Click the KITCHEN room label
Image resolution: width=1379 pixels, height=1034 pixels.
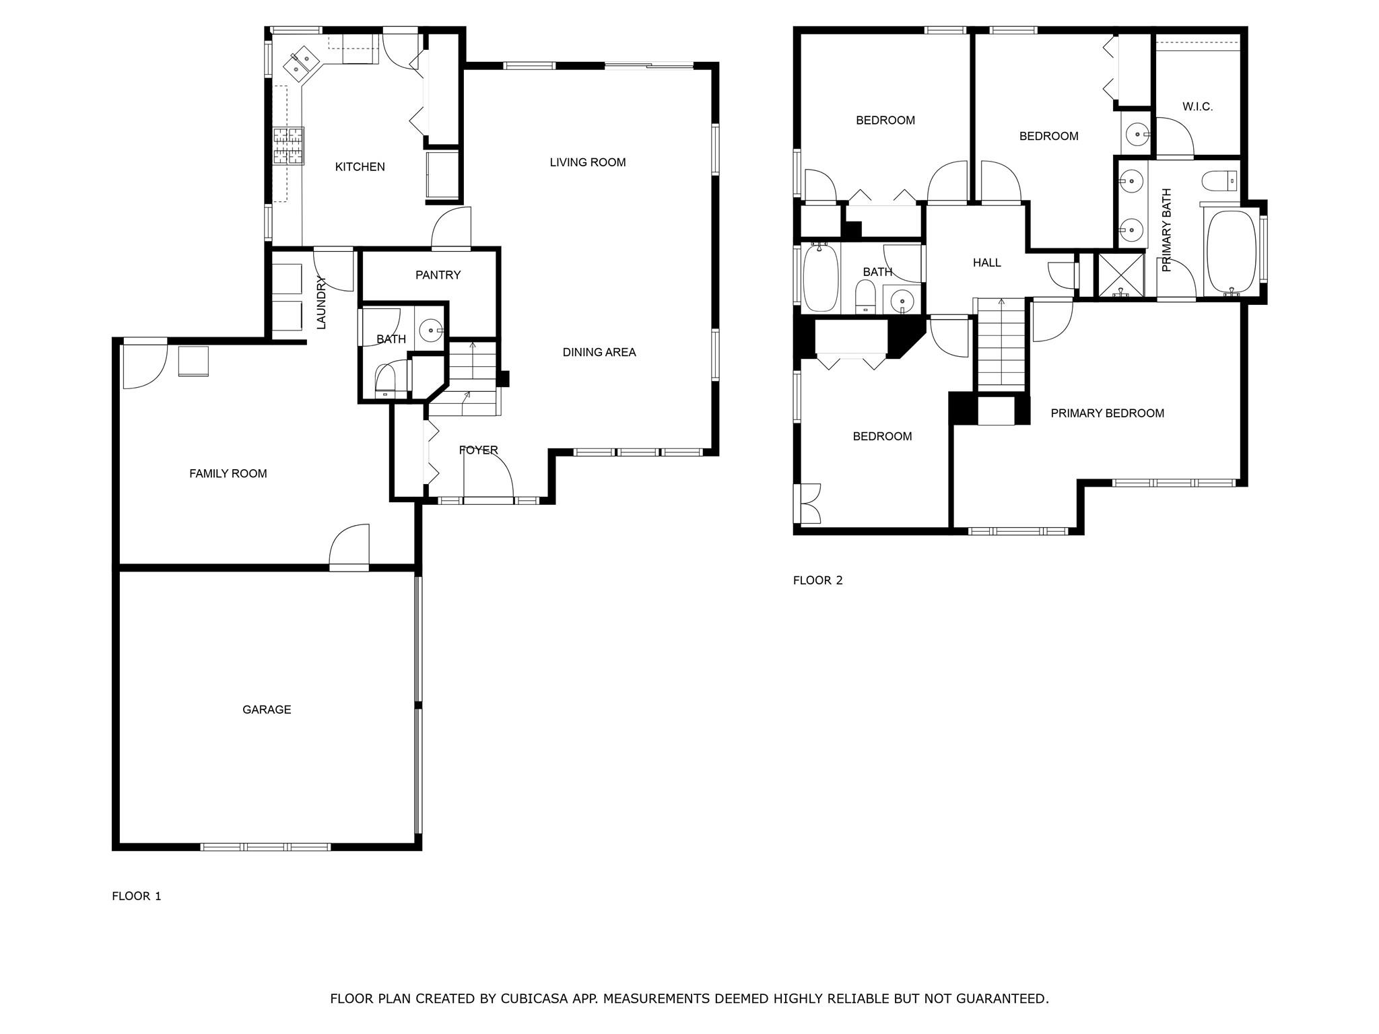coord(360,167)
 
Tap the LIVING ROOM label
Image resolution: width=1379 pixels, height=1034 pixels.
coord(587,162)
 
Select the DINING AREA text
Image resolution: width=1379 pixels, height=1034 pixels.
coord(599,352)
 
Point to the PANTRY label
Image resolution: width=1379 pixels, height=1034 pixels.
coord(438,275)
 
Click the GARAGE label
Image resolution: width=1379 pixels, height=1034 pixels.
coord(267,710)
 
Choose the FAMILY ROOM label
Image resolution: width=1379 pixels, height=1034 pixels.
coord(228,474)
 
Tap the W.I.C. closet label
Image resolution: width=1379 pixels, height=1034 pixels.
coord(1197,106)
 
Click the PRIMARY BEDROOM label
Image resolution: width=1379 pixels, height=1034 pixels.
coord(1107,413)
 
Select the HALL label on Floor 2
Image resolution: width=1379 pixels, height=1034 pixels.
coord(986,263)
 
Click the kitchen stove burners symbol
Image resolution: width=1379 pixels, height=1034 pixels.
coord(288,145)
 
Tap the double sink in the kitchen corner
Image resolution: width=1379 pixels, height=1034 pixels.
coord(301,62)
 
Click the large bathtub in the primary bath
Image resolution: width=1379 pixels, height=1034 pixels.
coord(1231,251)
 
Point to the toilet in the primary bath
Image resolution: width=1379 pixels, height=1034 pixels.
coord(1219,180)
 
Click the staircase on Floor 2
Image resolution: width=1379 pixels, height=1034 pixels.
coord(1001,343)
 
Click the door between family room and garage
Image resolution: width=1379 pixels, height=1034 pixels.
coord(349,547)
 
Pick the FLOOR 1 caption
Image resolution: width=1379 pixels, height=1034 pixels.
coord(136,896)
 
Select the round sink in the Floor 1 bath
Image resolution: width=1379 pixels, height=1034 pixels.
coord(430,331)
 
